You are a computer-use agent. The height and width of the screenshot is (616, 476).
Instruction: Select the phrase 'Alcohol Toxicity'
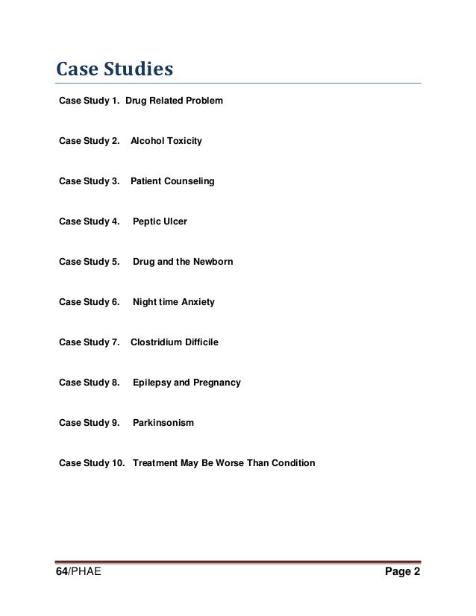[x=166, y=140]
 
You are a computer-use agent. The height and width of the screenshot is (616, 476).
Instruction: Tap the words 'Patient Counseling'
[x=172, y=180]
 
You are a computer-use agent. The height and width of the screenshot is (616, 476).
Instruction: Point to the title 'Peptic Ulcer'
[x=160, y=221]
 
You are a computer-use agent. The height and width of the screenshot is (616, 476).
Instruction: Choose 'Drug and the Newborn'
[x=182, y=262]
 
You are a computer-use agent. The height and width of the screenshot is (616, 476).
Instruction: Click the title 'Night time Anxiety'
[x=173, y=302]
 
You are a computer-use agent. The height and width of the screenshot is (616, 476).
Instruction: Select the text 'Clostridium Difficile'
[x=175, y=342]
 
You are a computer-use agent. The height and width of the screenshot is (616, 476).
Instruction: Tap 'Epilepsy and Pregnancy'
[x=187, y=383]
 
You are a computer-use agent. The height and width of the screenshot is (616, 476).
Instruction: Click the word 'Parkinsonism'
[x=163, y=423]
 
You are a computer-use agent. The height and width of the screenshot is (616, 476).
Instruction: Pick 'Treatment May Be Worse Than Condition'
[x=223, y=463]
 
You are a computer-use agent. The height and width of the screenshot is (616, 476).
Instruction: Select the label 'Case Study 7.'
[x=89, y=342]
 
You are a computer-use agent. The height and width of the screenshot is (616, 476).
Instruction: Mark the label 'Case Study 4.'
[x=89, y=221]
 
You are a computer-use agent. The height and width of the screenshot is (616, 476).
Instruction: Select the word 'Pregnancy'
[x=217, y=383]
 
